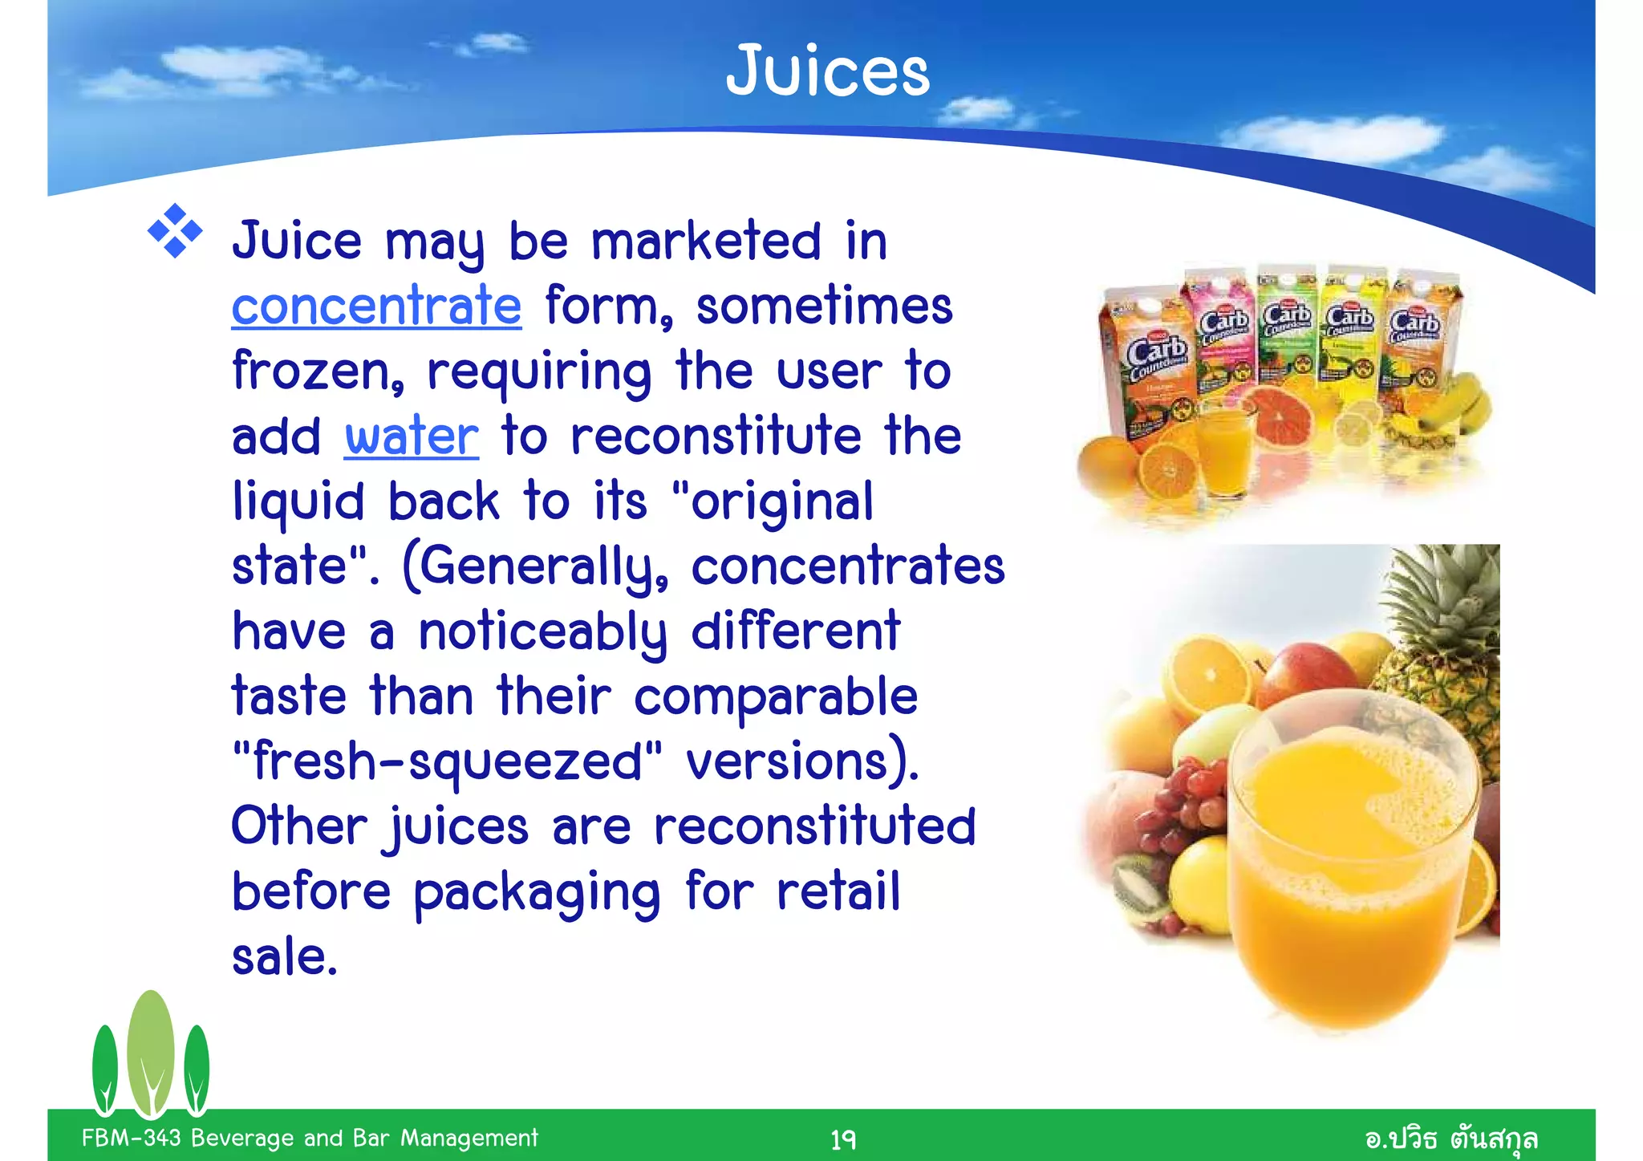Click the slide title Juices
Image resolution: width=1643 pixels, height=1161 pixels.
827,72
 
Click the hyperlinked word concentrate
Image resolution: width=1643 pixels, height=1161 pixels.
376,306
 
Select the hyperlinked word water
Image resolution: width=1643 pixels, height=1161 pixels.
412,437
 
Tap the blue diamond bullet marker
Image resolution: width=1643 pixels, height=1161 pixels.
175,232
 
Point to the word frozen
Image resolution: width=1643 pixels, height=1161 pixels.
317,371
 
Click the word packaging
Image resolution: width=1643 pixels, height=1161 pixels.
537,893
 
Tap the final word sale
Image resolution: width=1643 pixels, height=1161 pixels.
284,957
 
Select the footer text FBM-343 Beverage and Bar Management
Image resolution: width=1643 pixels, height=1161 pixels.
310,1138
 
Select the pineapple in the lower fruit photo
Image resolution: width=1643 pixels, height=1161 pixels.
1444,634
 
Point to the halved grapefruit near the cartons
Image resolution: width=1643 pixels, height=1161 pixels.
1281,416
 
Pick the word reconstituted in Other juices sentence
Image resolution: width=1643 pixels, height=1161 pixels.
815,827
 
